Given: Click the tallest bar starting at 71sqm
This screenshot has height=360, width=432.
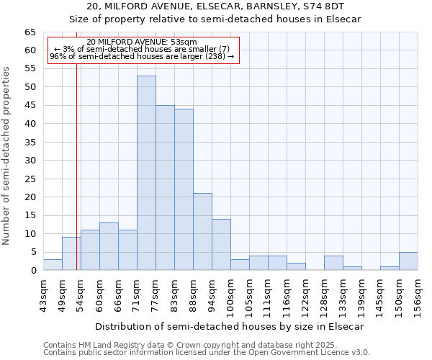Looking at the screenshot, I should (x=146, y=173).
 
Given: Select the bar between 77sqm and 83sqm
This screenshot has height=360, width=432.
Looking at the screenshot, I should (x=165, y=187).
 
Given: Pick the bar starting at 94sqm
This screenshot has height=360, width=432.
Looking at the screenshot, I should (x=221, y=245).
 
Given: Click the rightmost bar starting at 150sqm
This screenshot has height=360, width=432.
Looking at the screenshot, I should (x=408, y=261).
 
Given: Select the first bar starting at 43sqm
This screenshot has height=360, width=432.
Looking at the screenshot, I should (x=53, y=265).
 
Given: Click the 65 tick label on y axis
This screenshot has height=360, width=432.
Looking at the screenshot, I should (x=30, y=32).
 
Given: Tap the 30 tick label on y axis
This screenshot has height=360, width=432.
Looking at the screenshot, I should (x=30, y=161).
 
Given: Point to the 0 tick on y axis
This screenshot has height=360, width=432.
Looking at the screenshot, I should (x=33, y=271).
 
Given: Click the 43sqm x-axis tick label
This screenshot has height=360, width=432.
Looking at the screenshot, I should (x=44, y=295).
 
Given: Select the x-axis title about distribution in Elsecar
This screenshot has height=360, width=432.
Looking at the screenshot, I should (x=229, y=326).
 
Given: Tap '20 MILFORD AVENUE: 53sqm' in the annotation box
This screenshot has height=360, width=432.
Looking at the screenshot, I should (x=141, y=42).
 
